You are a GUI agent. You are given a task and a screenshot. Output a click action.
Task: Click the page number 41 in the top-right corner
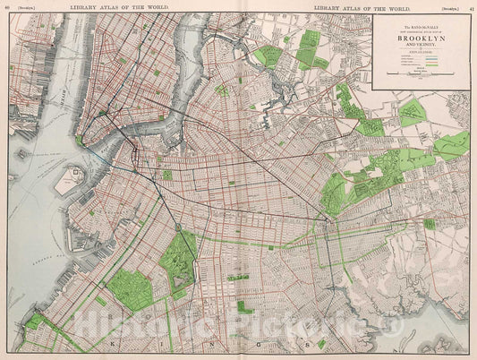coord(471,6)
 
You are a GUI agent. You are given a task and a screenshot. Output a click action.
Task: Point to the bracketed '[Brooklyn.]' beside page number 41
coord(447,6)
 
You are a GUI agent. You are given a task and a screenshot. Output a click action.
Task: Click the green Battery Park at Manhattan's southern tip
coord(79,141)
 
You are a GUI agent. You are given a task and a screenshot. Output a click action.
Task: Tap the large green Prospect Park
coord(180,261)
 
